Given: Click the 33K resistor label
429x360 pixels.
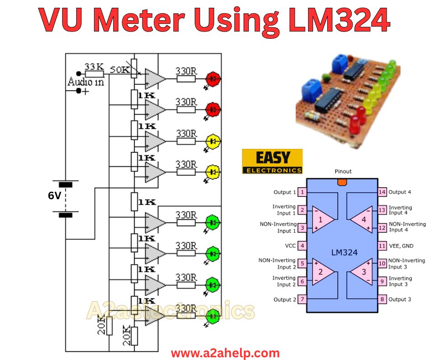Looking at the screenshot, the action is pos(94,67).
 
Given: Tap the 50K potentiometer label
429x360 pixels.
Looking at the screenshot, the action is pos(120,69).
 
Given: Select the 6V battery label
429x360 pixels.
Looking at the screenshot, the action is pos(54,196).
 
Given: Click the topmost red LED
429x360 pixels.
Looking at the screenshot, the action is pos(213,79).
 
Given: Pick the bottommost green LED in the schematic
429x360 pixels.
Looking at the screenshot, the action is pos(213,316).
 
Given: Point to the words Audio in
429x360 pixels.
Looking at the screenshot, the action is pos(86,82).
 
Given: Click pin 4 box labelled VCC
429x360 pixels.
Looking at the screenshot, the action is pos(302,245).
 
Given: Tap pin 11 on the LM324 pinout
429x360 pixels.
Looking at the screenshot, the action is pos(382,246).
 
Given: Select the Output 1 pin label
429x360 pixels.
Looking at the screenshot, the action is pos(285,192).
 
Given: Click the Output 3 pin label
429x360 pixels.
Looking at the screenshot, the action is pos(400,299).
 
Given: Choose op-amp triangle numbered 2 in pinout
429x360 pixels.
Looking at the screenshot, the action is pos(323,272).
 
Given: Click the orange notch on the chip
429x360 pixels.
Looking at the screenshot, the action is pos(342,182).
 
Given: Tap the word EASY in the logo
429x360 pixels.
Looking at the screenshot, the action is pos(273,158).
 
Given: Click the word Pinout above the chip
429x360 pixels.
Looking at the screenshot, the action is pos(343,171).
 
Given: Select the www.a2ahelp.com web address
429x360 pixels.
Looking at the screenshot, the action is pos(225,353).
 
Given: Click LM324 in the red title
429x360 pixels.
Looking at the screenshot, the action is pos(339,20).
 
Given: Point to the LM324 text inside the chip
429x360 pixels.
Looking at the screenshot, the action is pos(345,252).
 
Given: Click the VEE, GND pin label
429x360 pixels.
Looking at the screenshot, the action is pos(401,246).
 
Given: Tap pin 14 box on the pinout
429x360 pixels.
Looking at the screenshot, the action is pos(382,192).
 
